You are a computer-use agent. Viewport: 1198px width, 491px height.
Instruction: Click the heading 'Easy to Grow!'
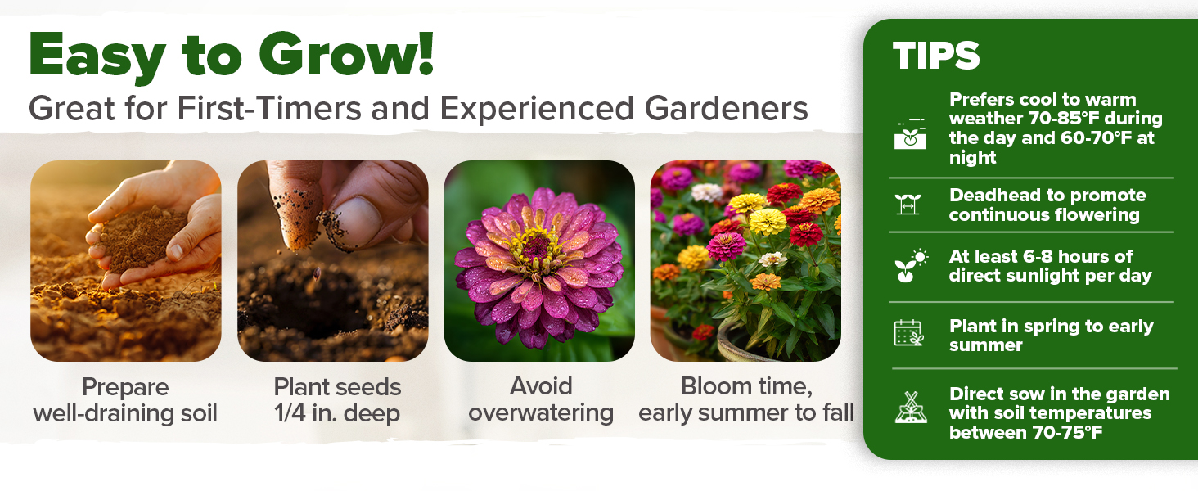point(231,56)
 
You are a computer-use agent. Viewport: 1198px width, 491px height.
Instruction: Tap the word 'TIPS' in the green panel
point(936,56)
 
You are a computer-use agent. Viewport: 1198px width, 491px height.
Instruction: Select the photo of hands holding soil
point(126,260)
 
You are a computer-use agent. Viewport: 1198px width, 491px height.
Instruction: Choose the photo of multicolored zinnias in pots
point(745,260)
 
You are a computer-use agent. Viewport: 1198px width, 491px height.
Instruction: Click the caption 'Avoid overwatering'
point(540,399)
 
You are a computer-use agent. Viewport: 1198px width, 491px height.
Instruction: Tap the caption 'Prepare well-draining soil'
point(125,399)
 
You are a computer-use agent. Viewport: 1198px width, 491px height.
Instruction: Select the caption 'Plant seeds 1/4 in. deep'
point(337,399)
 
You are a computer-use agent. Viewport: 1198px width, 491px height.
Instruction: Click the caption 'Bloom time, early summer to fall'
point(746,399)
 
